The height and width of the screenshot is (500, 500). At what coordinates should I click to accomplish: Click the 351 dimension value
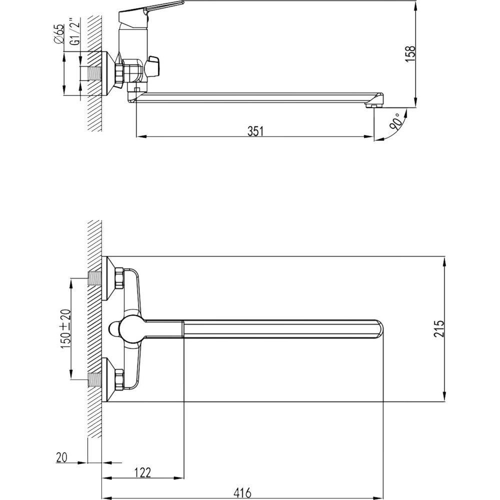(x=255, y=131)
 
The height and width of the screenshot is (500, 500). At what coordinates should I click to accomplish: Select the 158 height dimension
(x=410, y=53)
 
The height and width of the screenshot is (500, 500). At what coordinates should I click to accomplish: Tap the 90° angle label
(x=395, y=120)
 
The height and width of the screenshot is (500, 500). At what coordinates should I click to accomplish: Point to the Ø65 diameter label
(x=59, y=34)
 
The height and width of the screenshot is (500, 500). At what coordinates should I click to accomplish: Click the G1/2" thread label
(x=74, y=32)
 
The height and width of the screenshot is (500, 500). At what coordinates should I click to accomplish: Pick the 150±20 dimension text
(x=66, y=329)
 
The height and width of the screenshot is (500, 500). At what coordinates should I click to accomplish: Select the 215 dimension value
(x=439, y=329)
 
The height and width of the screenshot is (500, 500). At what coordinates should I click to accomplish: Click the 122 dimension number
(x=142, y=472)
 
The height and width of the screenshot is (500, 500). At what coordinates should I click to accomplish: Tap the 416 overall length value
(x=242, y=492)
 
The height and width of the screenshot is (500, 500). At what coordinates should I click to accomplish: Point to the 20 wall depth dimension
(x=62, y=457)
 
